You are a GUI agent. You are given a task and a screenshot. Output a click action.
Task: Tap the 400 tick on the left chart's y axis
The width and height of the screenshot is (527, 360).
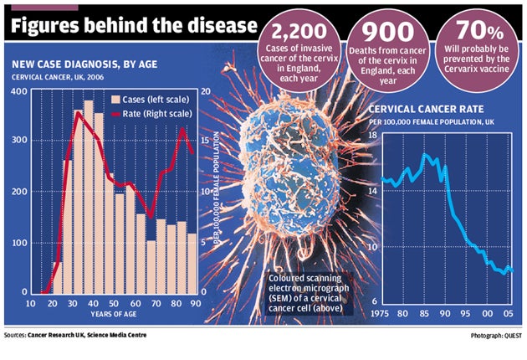point(18,90)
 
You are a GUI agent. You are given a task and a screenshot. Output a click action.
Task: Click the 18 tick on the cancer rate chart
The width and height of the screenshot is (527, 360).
point(373,135)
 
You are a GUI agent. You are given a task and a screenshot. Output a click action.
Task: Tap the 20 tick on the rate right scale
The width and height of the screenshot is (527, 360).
point(204,90)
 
